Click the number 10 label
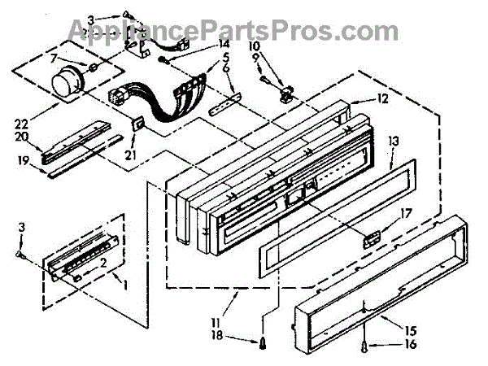click(x=254, y=46)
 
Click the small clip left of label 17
click(x=370, y=239)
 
